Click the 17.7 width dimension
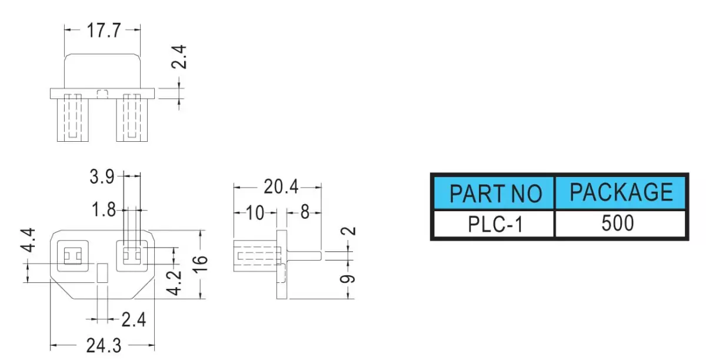tap(104, 31)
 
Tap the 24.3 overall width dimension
tap(104, 345)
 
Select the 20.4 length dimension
tap(281, 186)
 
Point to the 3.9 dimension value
tap(102, 176)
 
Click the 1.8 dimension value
tap(104, 209)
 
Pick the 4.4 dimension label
tap(28, 240)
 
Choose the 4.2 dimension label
tap(174, 283)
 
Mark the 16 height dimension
tap(200, 264)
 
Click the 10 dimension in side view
tap(255, 213)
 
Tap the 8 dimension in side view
tap(305, 212)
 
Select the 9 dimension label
tap(348, 279)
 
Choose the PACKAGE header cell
tap(621, 193)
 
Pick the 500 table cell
tap(621, 224)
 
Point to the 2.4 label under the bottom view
tap(134, 319)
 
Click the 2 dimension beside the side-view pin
tap(348, 231)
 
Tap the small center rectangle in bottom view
tap(102, 273)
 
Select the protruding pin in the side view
tap(304, 255)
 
